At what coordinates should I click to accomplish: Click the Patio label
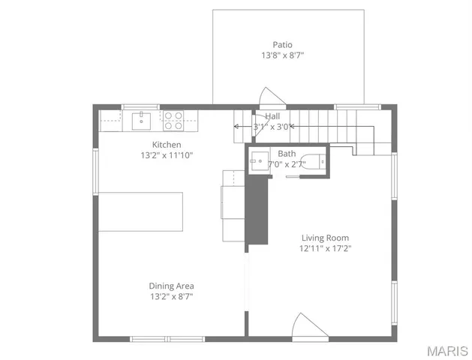click(x=282, y=44)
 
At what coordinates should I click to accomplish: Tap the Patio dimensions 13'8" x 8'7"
click(x=282, y=55)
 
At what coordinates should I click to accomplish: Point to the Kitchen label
click(x=167, y=145)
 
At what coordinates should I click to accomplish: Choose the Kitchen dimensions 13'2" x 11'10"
click(x=167, y=156)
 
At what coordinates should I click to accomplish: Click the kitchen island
click(x=141, y=212)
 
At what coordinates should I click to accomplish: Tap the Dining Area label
click(x=172, y=286)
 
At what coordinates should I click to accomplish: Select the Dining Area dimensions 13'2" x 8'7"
click(x=172, y=296)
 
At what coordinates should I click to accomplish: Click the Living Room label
click(x=325, y=238)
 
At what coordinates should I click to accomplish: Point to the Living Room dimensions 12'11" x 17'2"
click(x=325, y=248)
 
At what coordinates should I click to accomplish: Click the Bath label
click(x=287, y=153)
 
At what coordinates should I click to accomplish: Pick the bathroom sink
click(x=260, y=160)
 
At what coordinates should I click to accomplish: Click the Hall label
click(x=272, y=116)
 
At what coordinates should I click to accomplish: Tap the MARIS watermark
click(x=447, y=351)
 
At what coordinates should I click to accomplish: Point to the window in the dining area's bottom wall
click(x=157, y=338)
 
